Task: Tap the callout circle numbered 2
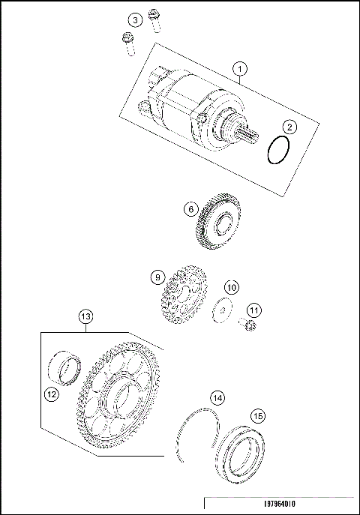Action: (x=289, y=128)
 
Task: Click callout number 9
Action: (x=157, y=277)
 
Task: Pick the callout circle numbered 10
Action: (x=232, y=287)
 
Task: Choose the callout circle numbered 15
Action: (x=257, y=415)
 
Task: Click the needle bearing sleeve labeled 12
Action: (x=66, y=368)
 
